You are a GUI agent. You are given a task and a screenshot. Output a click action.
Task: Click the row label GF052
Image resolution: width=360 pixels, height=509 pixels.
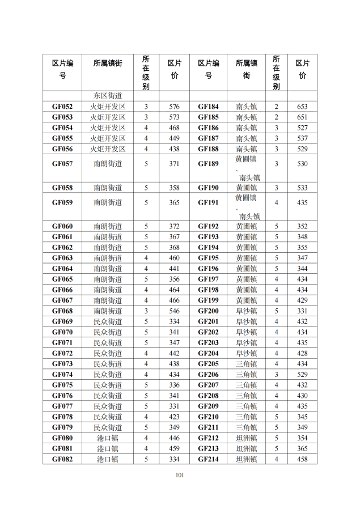62,107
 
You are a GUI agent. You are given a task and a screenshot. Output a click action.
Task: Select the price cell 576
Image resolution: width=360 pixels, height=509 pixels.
174,107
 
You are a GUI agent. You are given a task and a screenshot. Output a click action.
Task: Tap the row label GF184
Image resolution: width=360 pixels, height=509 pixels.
208,107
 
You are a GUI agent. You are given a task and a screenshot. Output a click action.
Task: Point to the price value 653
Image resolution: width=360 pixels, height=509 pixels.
302,107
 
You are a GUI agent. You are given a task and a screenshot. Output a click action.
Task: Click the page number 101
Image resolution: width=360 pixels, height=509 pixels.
180,475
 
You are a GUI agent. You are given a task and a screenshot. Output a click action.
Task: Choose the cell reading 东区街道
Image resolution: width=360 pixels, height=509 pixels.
108,96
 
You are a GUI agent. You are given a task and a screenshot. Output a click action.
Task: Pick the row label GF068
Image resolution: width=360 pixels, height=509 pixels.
62,311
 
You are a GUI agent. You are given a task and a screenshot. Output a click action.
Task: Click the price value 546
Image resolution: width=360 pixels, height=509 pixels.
174,311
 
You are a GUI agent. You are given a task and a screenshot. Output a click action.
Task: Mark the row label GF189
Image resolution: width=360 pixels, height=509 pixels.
208,164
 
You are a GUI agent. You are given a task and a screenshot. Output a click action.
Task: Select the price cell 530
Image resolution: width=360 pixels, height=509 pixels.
302,164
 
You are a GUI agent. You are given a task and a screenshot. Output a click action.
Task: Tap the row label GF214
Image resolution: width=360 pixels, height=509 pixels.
208,459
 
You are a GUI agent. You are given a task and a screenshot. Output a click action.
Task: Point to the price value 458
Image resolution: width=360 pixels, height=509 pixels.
302,459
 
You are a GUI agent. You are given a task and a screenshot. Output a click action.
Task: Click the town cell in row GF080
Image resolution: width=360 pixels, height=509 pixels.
108,438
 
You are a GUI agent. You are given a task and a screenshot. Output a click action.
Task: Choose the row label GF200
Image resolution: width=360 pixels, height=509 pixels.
208,311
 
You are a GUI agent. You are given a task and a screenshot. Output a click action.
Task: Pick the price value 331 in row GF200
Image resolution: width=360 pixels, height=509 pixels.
302,311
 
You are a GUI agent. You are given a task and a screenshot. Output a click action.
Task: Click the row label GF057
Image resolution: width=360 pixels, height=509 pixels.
62,164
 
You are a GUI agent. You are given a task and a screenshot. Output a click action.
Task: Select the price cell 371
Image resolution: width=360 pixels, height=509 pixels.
174,164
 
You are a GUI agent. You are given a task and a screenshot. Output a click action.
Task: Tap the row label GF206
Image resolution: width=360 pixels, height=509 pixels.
208,375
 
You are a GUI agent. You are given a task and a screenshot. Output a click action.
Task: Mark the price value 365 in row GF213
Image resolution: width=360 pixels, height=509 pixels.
302,448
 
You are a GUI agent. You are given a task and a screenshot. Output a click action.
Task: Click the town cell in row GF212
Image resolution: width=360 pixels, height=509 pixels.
246,438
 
